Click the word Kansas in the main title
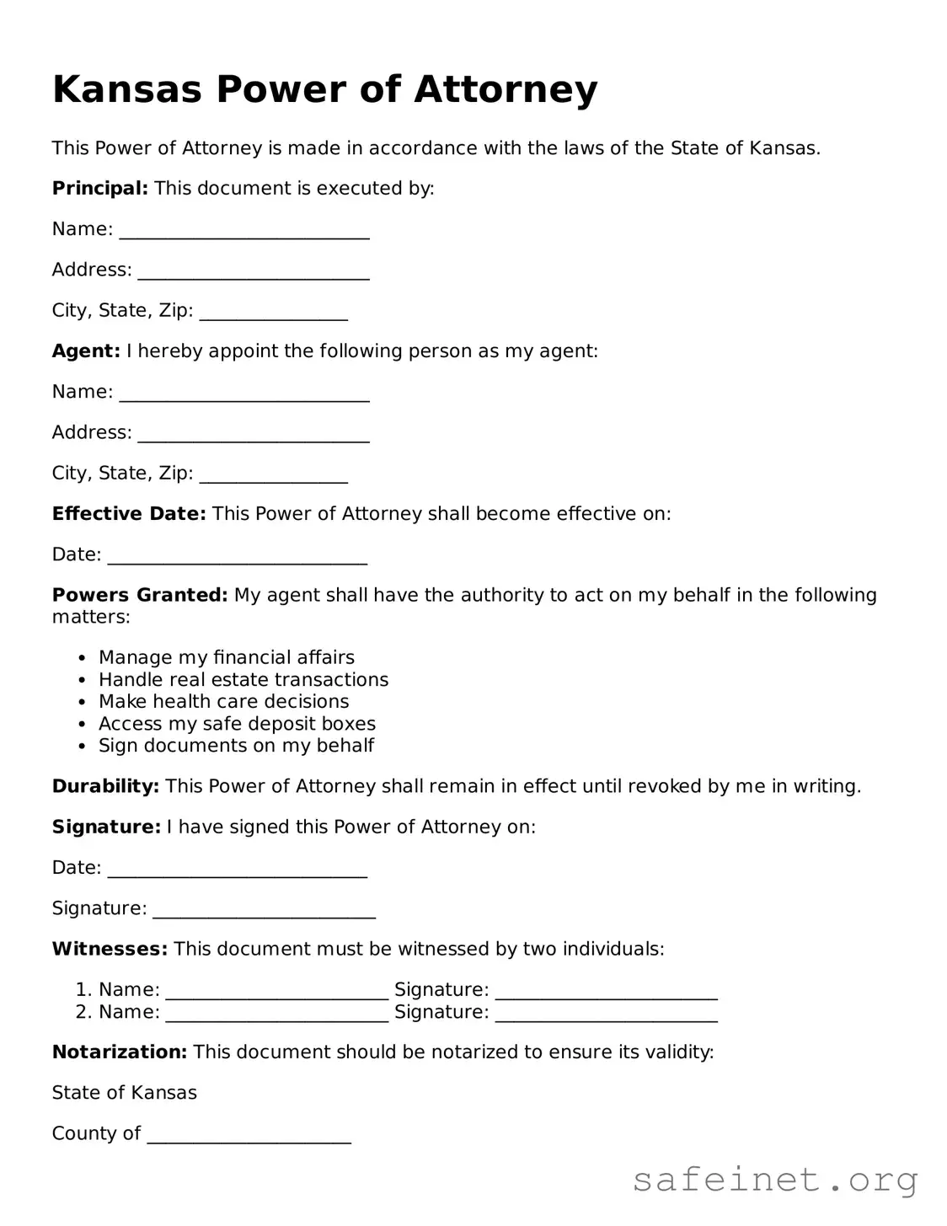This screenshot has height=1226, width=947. point(126,90)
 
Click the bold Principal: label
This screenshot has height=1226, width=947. point(99,188)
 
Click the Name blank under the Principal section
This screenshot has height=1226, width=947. point(244,231)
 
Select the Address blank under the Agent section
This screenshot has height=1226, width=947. point(253,434)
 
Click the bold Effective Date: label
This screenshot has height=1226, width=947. point(128,514)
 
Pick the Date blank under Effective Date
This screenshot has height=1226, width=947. point(238,556)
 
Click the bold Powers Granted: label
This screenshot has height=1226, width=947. point(139,595)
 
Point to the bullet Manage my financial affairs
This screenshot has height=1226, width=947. point(226,657)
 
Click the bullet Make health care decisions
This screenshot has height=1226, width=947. point(223,701)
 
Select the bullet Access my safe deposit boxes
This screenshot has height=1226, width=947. point(237,723)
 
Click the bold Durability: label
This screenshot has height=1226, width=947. point(105,786)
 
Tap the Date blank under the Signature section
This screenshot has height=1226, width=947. point(238,870)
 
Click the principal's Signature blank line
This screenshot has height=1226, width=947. point(264,910)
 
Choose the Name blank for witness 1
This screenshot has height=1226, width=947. point(277,991)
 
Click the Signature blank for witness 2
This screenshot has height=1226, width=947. point(606,1014)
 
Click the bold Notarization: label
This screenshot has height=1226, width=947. point(119,1052)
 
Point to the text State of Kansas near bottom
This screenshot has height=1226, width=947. point(124,1093)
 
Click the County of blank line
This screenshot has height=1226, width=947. point(249,1135)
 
